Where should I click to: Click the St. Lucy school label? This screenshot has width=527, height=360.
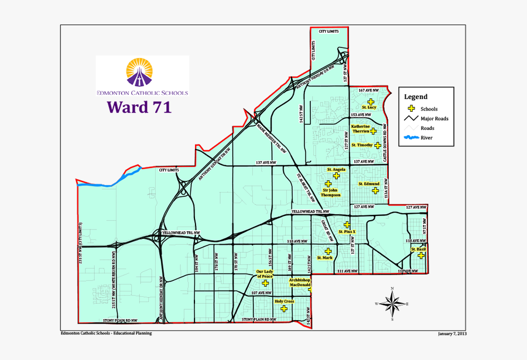point(368,108)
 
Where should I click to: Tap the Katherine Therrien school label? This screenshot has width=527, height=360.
point(361,129)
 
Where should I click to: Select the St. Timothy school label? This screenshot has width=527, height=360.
point(362,145)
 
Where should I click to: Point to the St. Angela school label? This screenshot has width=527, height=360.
point(336,170)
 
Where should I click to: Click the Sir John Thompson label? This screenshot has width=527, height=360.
point(331,193)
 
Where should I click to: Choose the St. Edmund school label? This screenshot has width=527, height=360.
point(369,184)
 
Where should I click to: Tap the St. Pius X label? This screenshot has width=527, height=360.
point(347,232)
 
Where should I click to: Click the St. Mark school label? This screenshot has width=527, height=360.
point(324,258)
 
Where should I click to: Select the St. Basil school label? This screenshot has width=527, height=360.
point(418,249)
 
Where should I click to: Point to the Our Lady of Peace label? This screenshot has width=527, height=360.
point(265,274)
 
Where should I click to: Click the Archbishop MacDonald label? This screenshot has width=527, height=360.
point(300,283)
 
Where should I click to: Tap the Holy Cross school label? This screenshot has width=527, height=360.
point(283,301)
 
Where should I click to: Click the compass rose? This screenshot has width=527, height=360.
point(393,303)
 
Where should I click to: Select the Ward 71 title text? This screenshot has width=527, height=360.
point(139,107)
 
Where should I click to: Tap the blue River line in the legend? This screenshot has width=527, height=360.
point(411,138)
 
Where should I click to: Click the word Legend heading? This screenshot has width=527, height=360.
point(416,97)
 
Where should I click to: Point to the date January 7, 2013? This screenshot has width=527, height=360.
point(452,334)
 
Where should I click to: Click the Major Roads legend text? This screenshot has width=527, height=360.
point(434,119)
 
